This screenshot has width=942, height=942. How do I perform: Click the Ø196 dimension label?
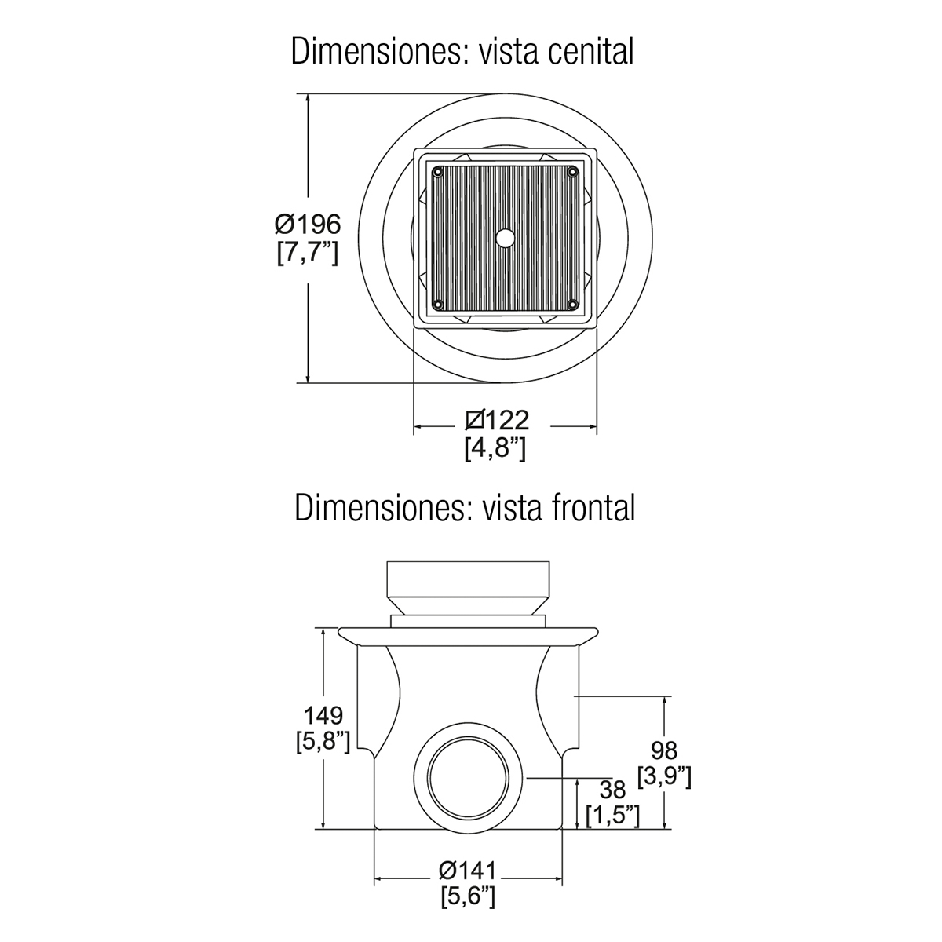(x=308, y=225)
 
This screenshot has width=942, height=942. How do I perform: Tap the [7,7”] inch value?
(x=308, y=254)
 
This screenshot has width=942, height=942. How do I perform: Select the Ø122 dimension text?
(x=497, y=420)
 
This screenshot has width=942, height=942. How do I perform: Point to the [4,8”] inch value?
(x=495, y=447)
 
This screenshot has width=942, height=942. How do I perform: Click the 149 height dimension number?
(x=323, y=716)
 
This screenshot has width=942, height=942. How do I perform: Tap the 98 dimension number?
(x=664, y=750)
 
